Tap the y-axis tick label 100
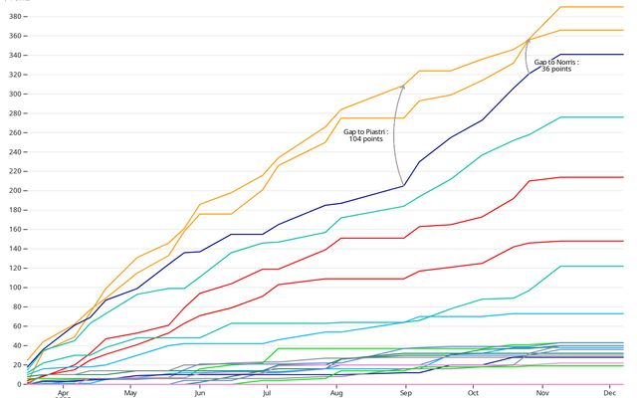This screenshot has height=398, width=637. pos(9,288)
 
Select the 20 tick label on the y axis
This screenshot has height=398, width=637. pos(11,365)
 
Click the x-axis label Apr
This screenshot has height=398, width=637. pos(63,392)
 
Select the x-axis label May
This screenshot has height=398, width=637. pos(131,392)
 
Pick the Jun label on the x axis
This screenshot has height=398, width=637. pos(200,392)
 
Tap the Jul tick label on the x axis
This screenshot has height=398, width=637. pos(267,392)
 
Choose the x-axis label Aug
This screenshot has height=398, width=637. pos(336,392)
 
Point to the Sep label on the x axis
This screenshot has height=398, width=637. pos(405,392)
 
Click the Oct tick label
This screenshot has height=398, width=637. pos(472,392)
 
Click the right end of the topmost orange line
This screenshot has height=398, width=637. pos(623,7)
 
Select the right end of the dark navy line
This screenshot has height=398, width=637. pos(623,55)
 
